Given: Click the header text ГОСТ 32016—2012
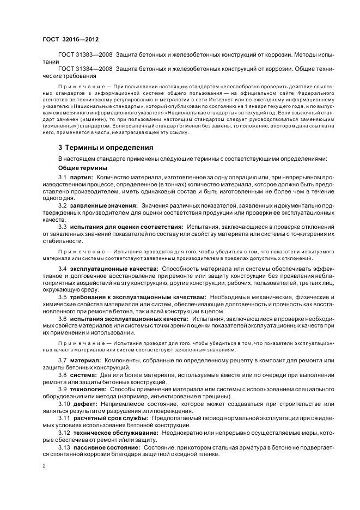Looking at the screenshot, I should [70, 40].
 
